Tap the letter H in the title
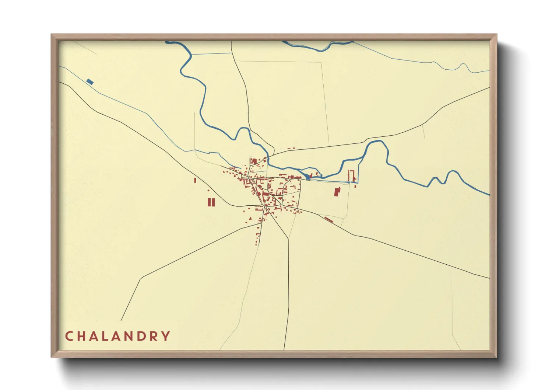82,336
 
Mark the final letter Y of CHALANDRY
166,336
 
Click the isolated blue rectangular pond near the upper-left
90,81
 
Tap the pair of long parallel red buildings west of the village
211,202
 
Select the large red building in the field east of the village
337,192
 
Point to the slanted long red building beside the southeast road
328,220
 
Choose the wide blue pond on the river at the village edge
307,177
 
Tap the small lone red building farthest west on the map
195,180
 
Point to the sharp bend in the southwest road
142,278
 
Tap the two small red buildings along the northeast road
291,149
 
